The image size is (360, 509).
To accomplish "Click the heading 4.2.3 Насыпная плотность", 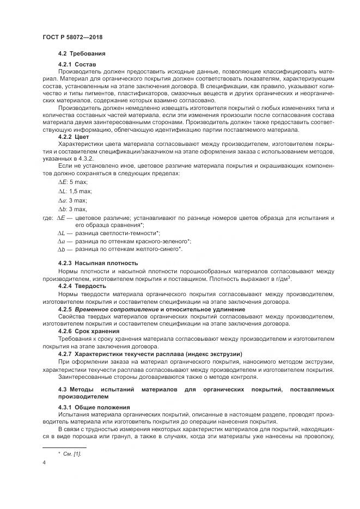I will pyautogui.click(x=97, y=263).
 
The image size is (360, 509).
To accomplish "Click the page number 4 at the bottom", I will pyautogui.click(x=44, y=463).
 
